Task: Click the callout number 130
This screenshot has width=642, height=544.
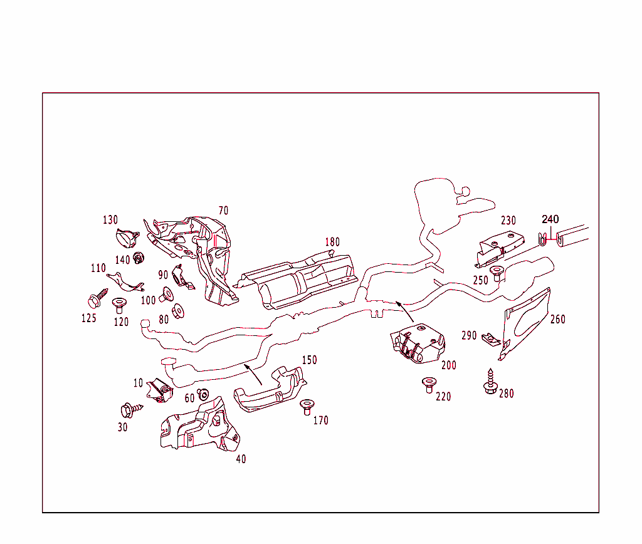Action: [110, 220]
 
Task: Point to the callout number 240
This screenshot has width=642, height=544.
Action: [550, 219]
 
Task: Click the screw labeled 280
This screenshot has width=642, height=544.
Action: [490, 382]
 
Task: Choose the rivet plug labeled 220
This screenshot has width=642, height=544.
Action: [429, 384]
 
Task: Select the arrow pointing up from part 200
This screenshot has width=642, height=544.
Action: [404, 311]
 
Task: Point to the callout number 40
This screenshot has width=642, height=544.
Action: [241, 459]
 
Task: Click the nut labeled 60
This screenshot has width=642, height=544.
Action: [203, 395]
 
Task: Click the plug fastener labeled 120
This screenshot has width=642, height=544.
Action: [119, 306]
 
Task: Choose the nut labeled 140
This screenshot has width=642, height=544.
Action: [139, 256]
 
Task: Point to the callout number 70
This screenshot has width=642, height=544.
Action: [223, 211]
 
